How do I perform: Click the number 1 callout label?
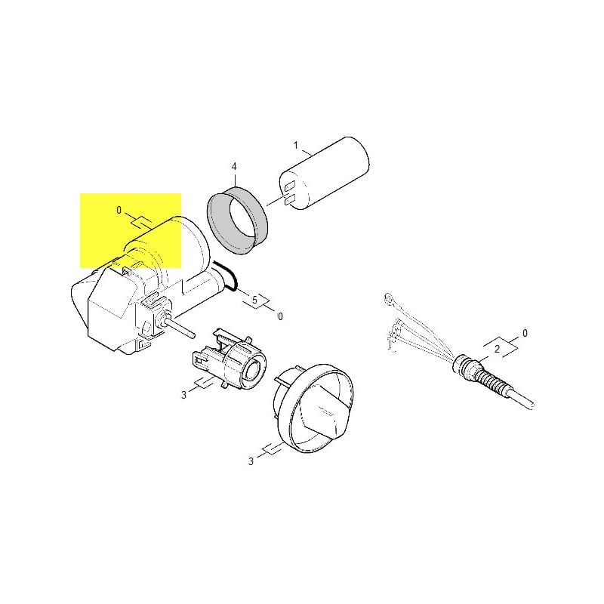click(x=295, y=146)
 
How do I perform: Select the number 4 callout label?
click(x=234, y=166)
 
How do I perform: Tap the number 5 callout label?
click(x=254, y=300)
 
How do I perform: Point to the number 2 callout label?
click(x=497, y=349)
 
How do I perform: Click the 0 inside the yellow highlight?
click(x=119, y=211)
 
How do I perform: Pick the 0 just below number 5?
click(x=280, y=316)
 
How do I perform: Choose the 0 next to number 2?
click(x=525, y=333)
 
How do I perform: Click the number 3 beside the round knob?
click(x=251, y=461)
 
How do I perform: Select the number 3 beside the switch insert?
click(x=183, y=395)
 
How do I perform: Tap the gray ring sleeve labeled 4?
click(x=236, y=220)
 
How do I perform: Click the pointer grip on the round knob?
click(x=326, y=414)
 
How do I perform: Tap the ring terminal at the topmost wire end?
click(x=389, y=298)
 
